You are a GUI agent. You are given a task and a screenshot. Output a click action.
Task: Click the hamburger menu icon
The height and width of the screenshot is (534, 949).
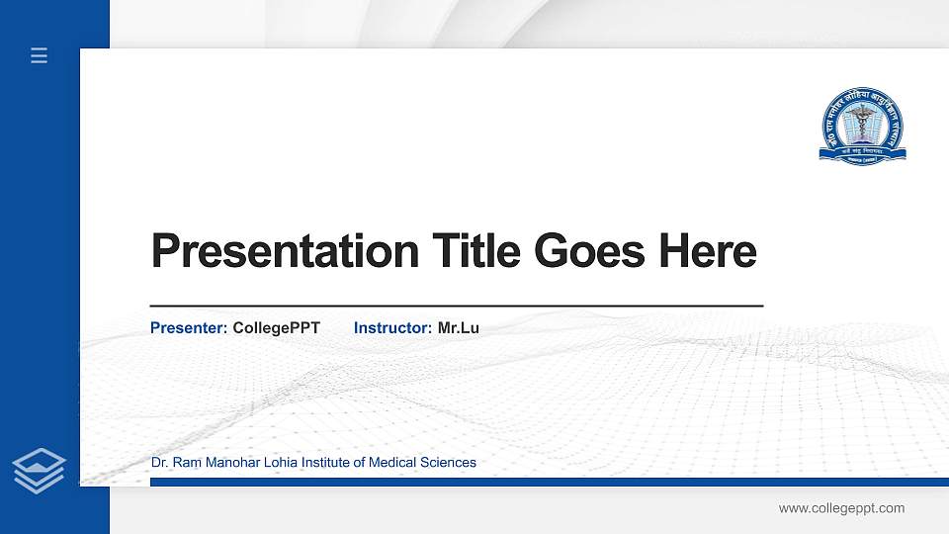39,56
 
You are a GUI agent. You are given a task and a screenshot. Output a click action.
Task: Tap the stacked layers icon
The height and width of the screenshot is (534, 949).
39,470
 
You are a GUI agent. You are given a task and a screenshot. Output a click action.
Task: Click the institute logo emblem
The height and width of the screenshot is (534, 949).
862,125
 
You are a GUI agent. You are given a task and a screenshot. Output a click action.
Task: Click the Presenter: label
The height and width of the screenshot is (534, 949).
189,327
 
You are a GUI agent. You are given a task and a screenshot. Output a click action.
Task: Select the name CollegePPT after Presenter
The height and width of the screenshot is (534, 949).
276,327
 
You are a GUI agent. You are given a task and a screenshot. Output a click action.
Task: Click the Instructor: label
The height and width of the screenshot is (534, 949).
392,327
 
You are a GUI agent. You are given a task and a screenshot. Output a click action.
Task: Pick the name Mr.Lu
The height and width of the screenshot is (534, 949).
458,327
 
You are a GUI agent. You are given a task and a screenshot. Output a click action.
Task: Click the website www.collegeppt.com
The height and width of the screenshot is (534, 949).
841,508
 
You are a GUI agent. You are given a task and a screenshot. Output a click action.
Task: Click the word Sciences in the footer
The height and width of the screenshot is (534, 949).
448,463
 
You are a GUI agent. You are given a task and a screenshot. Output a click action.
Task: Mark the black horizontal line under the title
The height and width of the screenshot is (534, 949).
456,307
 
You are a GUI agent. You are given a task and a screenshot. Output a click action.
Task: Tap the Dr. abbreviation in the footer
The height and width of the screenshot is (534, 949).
158,463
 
